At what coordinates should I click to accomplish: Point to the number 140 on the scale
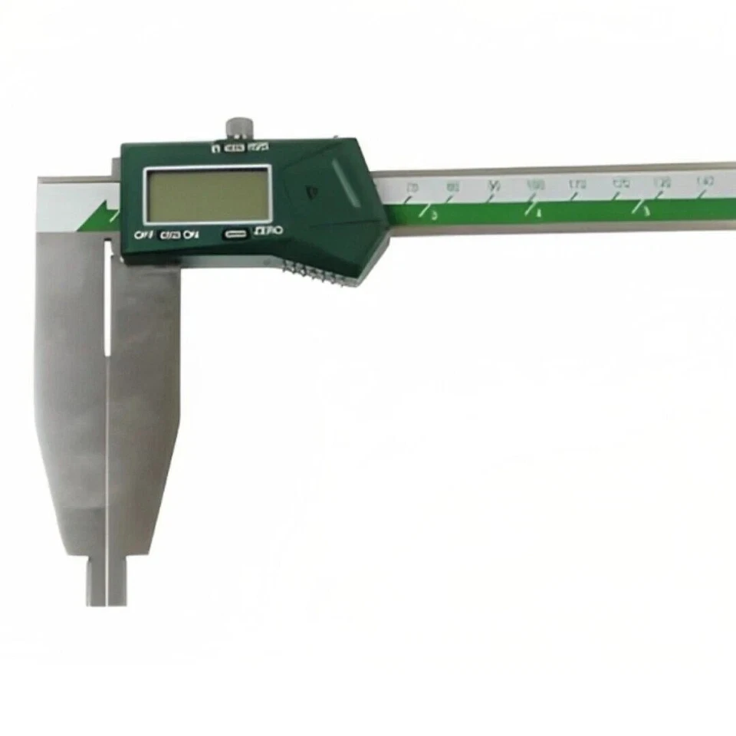coord(704,181)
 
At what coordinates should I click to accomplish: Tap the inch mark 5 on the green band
coord(646,210)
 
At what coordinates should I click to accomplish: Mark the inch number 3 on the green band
coord(433,215)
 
